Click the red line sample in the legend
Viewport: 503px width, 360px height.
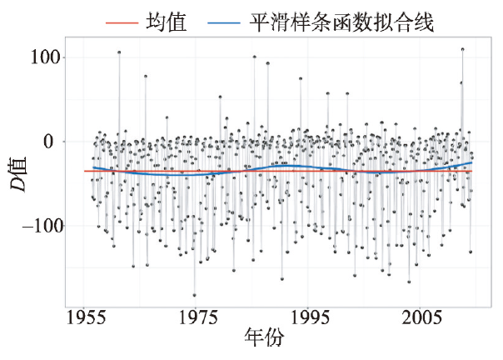[x=125, y=21]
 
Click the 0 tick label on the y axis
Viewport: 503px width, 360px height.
[x=52, y=142]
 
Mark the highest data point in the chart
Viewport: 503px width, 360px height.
[x=462, y=49]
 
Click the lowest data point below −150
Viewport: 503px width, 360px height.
[x=195, y=295]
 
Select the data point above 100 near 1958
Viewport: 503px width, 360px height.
[x=119, y=52]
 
